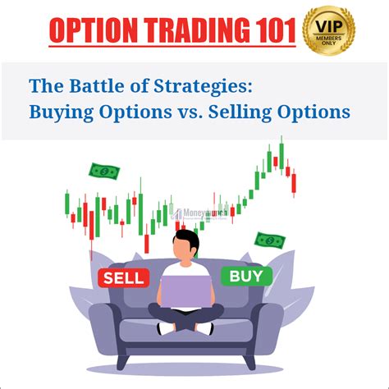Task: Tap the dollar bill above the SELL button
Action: (104, 172)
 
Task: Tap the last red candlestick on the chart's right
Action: (294, 182)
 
